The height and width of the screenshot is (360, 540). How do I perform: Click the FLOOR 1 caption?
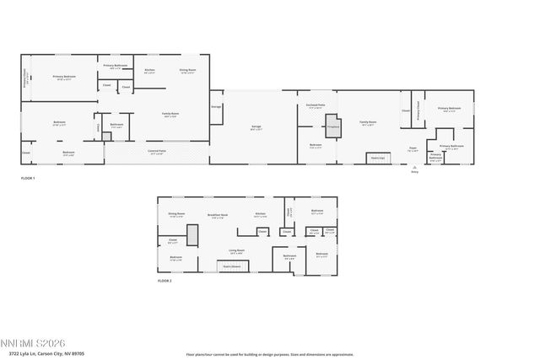pos(29,179)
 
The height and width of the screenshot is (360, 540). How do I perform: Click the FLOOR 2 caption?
pos(165,280)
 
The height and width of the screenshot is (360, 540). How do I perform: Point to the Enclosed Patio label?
pos(316,106)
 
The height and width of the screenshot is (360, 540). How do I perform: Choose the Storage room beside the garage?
pos(216,107)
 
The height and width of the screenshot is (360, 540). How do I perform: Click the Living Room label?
pos(237,250)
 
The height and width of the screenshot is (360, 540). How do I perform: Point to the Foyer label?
pos(413,148)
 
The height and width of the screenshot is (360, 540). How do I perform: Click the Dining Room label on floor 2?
pos(176,215)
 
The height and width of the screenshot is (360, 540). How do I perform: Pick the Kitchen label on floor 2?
pos(261,215)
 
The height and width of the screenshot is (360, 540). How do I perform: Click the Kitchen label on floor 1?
pos(149,70)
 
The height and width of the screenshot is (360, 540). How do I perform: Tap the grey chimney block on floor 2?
pos(192,235)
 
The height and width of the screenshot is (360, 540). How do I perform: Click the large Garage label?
pos(256,127)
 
